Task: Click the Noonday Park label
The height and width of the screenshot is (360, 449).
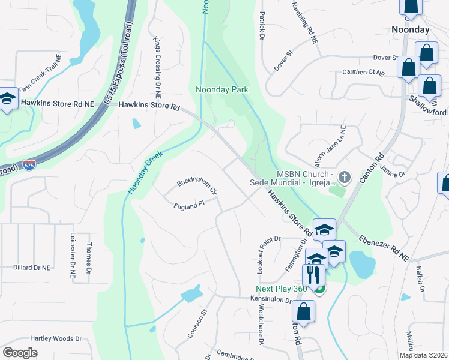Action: pyautogui.click(x=221, y=90)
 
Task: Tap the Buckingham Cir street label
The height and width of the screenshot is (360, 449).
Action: pyautogui.click(x=196, y=187)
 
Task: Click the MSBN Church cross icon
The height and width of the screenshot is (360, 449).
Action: pyautogui.click(x=344, y=177)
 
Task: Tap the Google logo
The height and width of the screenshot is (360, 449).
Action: pyautogui.click(x=20, y=352)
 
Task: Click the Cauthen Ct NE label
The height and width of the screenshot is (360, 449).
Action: pyautogui.click(x=363, y=72)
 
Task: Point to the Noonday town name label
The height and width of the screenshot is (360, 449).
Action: pyautogui.click(x=410, y=29)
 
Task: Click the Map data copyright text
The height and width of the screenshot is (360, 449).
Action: pyautogui.click(x=424, y=355)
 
